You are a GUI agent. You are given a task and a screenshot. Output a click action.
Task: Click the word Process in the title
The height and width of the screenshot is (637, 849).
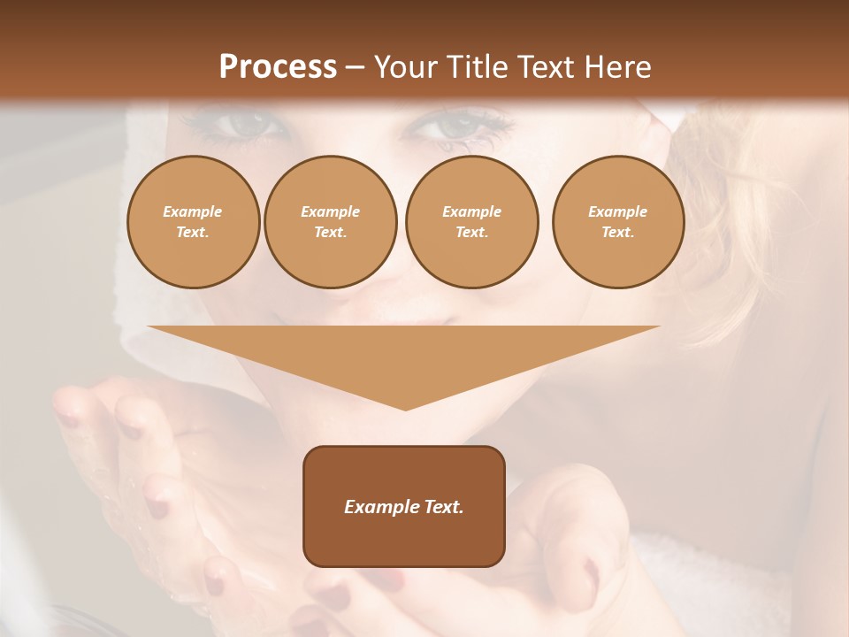[278, 67]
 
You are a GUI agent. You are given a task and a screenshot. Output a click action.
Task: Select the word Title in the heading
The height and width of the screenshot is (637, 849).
[477, 67]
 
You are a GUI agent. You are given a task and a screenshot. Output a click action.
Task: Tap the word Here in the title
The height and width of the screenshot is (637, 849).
[615, 67]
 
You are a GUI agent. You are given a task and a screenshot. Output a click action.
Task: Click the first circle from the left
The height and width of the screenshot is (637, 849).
[193, 222]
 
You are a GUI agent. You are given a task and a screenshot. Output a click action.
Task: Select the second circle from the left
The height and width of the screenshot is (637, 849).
[330, 222]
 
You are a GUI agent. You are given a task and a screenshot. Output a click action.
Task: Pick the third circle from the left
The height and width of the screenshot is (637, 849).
[471, 222]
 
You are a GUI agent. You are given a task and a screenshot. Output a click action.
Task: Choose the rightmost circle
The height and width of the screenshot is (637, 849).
[617, 222]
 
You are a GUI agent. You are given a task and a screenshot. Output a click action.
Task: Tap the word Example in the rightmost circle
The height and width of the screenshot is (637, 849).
[617, 211]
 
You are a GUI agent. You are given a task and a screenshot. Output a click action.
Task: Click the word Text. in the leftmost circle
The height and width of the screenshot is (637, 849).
[193, 233]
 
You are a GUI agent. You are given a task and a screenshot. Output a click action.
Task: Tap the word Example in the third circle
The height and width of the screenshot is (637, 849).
[471, 211]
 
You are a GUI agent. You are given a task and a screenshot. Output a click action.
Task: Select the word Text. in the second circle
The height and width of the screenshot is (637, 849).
[330, 233]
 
